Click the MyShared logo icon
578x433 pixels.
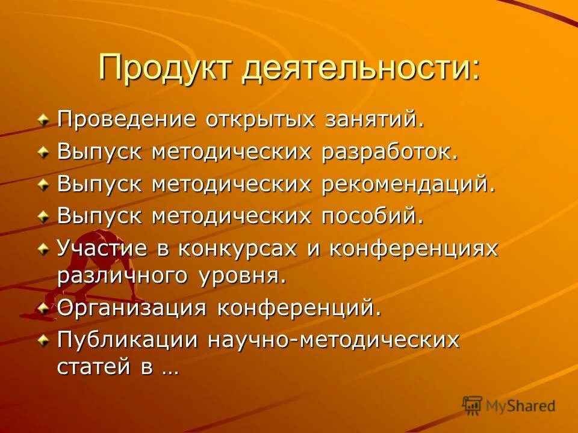(473, 405)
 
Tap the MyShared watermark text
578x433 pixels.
(520, 406)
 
